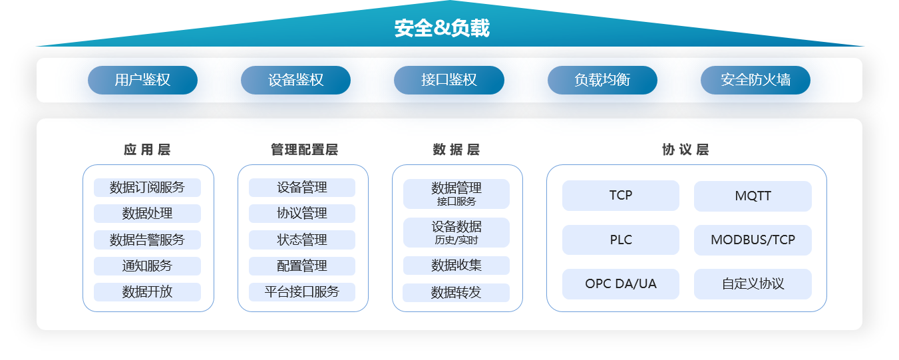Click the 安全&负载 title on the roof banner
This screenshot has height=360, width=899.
click(x=442, y=28)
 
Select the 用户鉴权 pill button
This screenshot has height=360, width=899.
click(x=142, y=81)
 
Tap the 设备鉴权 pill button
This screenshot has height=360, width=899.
click(x=296, y=81)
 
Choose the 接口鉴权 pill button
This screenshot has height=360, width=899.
click(x=449, y=81)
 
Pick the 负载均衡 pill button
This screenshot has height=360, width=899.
click(x=602, y=81)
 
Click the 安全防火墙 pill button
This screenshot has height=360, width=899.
click(x=755, y=81)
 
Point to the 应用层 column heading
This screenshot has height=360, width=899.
click(x=147, y=150)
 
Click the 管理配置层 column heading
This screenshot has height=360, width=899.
click(x=304, y=150)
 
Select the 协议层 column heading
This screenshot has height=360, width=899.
click(x=685, y=150)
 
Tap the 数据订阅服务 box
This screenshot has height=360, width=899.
click(x=147, y=188)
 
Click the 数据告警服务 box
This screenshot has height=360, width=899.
click(x=147, y=240)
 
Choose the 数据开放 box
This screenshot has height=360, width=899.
click(x=147, y=291)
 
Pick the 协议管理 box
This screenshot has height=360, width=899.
click(x=302, y=214)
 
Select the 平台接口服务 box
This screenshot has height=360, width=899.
click(x=302, y=291)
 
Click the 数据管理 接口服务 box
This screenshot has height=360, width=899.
click(x=456, y=194)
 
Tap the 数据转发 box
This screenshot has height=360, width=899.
click(x=456, y=293)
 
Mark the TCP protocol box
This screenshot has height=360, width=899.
click(x=621, y=196)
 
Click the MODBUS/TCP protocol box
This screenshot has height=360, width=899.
click(x=753, y=240)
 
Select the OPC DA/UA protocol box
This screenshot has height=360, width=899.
click(x=621, y=283)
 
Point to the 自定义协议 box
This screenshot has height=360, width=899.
click(x=753, y=283)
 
